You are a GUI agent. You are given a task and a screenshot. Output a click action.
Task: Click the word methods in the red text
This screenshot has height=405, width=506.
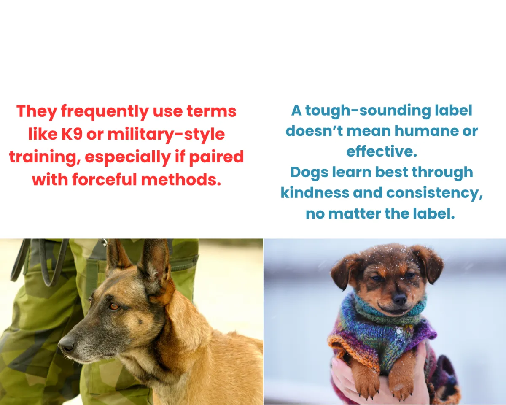click(181, 180)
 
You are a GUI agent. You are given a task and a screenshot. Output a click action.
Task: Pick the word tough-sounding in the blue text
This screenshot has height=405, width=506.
click(368, 111)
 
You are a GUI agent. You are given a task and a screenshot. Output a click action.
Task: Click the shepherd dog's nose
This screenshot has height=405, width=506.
click(66, 345)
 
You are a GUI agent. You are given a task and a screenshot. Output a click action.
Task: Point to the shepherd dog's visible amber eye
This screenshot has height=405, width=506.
click(115, 306)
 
